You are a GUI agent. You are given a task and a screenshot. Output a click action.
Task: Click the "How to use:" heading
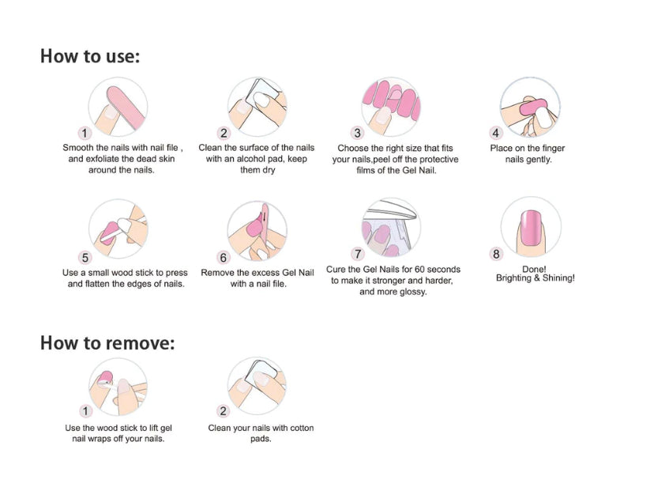[90, 56]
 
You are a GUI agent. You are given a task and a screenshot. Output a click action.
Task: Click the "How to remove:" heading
[107, 343]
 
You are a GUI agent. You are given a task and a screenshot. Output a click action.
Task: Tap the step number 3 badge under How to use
[358, 134]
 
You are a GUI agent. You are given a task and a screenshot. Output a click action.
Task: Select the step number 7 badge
[358, 254]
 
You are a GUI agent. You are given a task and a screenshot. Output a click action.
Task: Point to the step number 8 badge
[496, 254]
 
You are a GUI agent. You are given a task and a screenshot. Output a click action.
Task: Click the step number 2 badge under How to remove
[224, 411]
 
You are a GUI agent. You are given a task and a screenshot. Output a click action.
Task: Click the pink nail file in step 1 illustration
[125, 106]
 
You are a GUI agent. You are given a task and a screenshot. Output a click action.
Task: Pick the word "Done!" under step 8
[534, 270]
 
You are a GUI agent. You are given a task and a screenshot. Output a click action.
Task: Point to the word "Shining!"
[558, 278]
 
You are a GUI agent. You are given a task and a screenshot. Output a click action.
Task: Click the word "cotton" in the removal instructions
[301, 428]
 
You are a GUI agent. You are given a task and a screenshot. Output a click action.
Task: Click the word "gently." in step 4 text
[539, 160]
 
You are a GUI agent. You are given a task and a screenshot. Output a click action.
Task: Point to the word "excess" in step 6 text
[266, 273]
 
